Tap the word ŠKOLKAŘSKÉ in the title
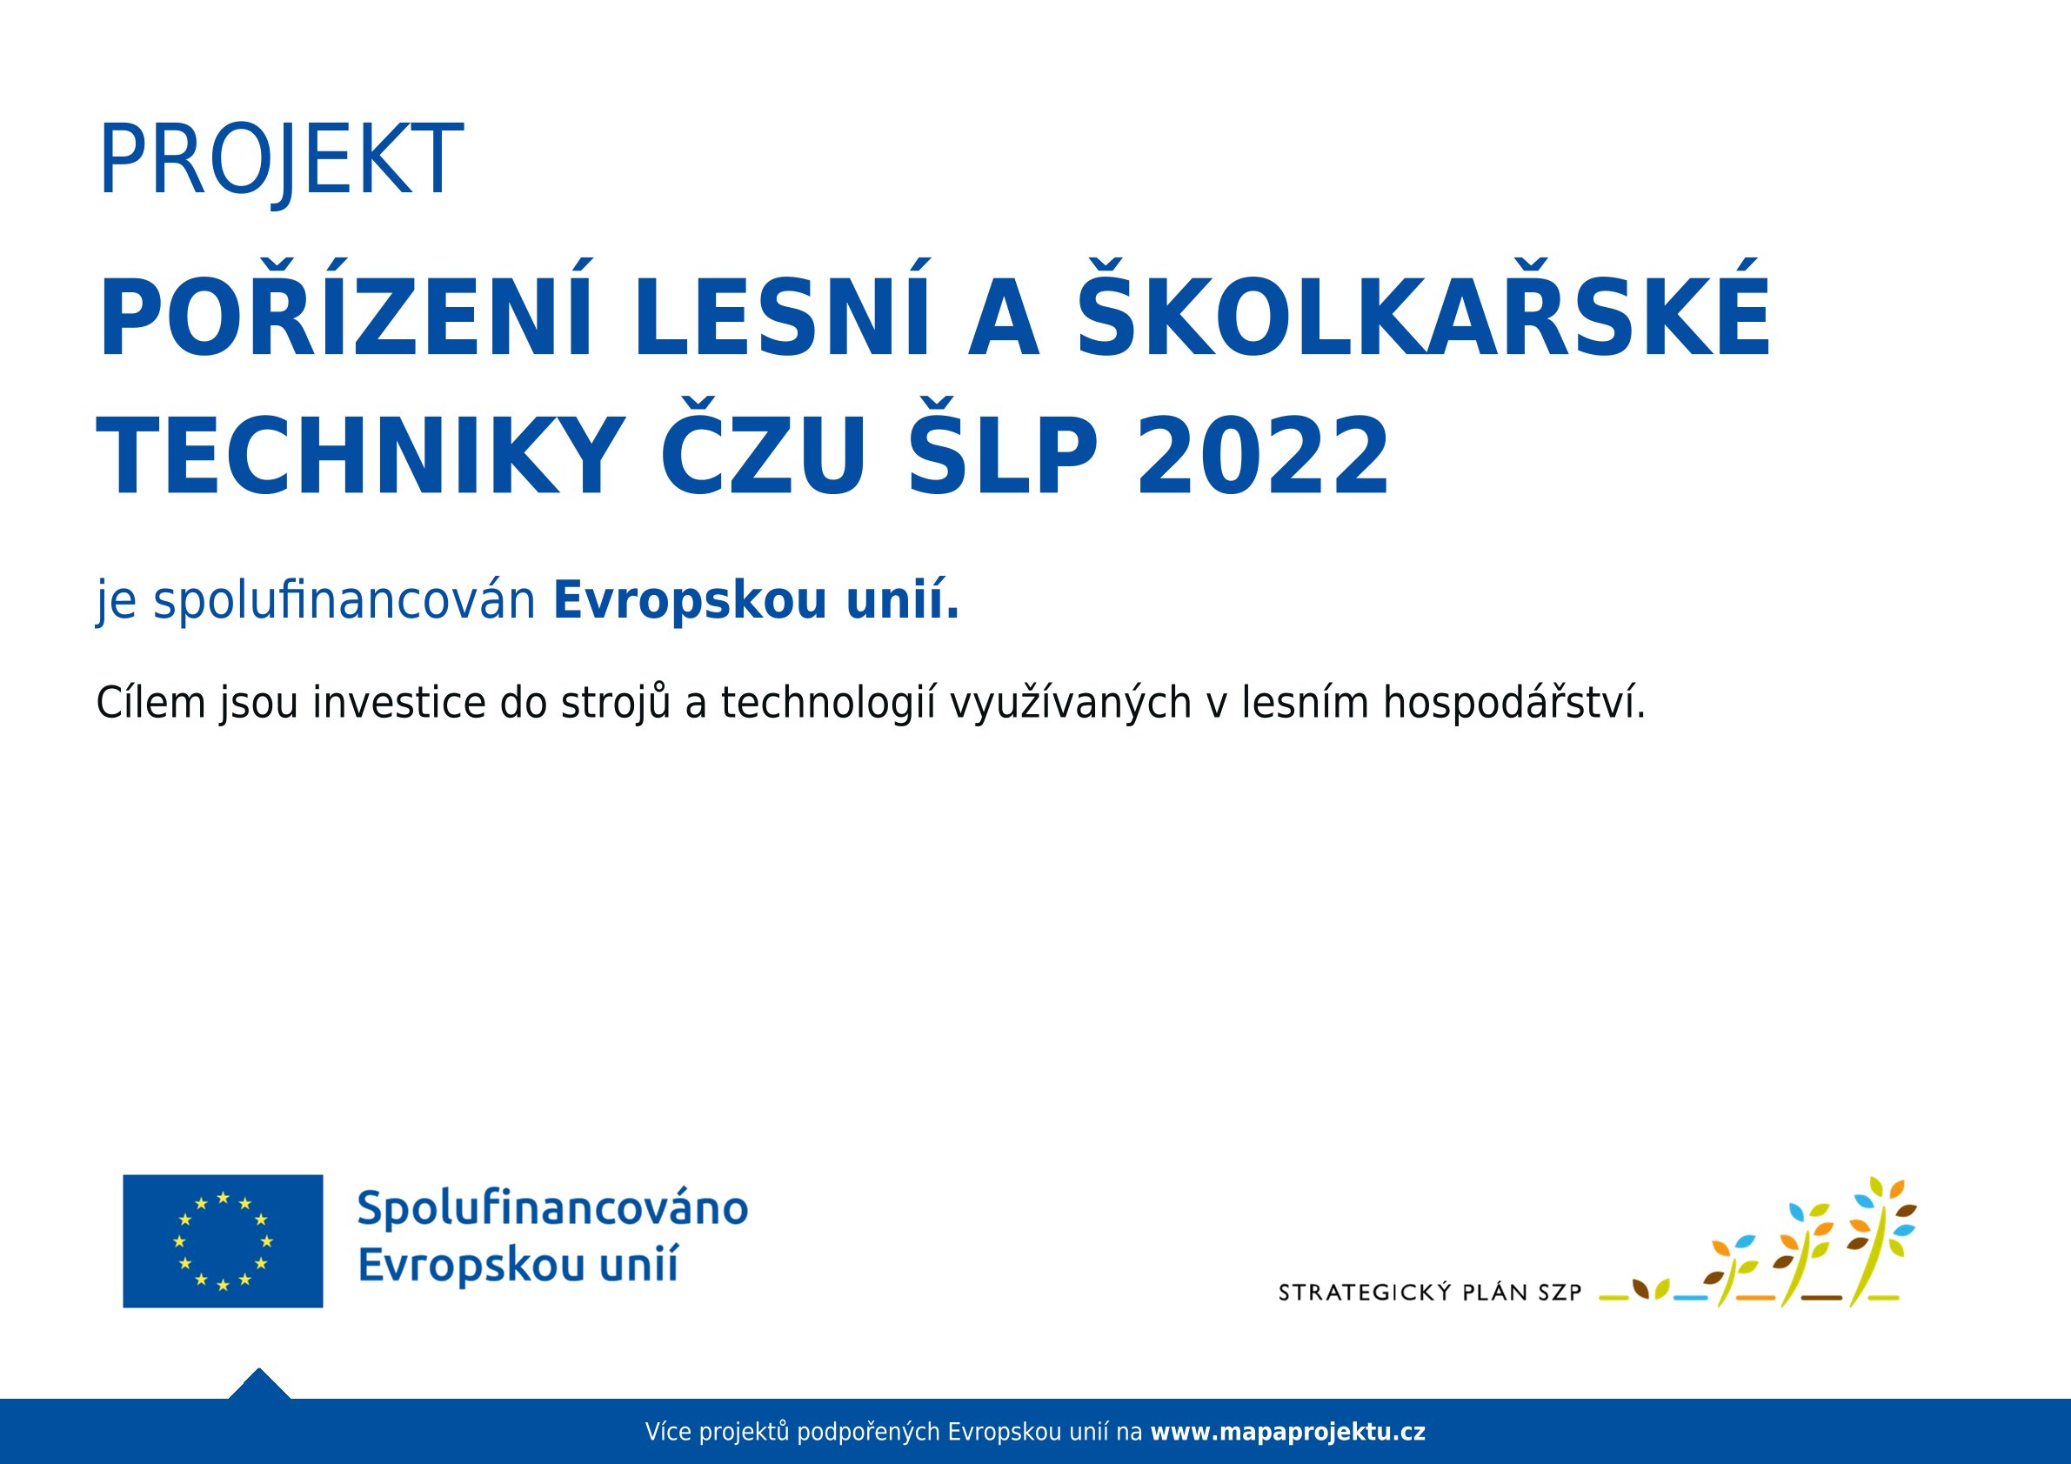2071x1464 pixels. [1424, 309]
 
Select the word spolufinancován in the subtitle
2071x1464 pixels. [344, 601]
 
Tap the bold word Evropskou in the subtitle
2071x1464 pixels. [690, 601]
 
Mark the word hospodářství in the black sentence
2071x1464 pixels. [1514, 704]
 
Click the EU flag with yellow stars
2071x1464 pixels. [223, 1241]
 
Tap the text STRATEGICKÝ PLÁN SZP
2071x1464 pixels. [1431, 1293]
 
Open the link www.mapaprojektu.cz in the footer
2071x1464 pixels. [1288, 1432]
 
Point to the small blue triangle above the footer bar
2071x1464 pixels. [259, 1384]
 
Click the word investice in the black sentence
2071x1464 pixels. [399, 704]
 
